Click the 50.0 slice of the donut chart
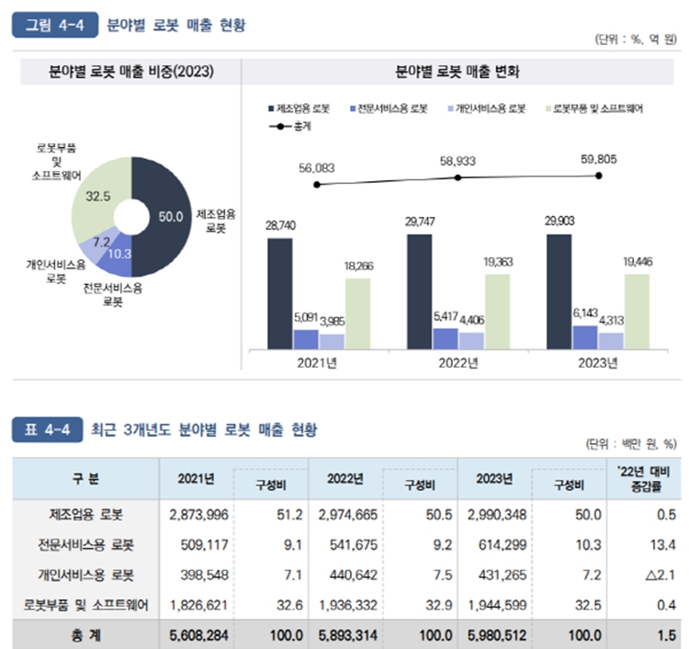tap(164, 217)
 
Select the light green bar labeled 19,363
tap(498, 311)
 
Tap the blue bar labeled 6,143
tap(584, 336)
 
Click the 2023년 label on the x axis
tap(598, 362)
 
